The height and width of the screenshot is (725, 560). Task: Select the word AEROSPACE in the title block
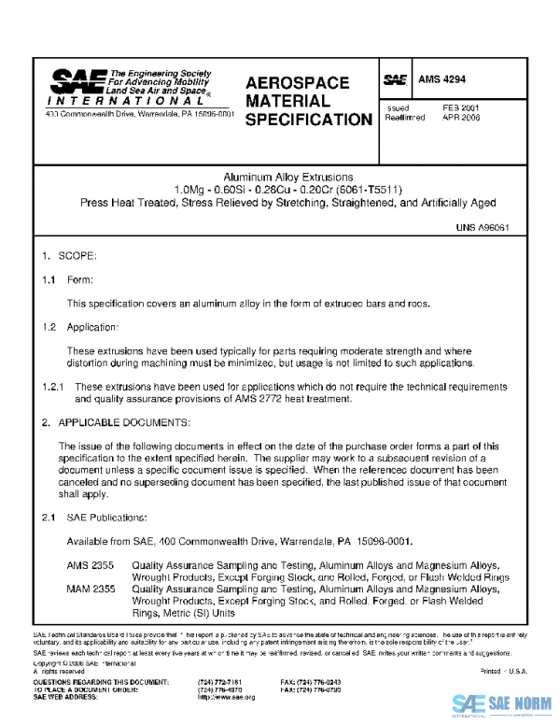(297, 83)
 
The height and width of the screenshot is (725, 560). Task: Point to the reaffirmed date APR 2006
(461, 119)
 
